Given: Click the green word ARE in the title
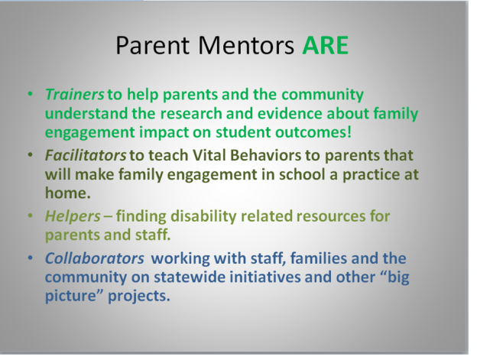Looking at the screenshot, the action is click(x=325, y=46).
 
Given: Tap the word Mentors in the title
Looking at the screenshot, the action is click(x=246, y=46).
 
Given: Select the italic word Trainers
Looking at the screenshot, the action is click(x=75, y=94).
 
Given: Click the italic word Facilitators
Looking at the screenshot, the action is click(x=86, y=155).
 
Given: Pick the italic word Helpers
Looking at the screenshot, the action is click(x=73, y=216).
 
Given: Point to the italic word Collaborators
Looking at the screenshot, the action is click(x=94, y=258).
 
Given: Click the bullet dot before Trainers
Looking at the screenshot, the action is click(x=30, y=94).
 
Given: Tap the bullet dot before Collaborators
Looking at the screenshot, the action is click(x=30, y=258).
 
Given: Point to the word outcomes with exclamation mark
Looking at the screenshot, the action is click(x=313, y=132).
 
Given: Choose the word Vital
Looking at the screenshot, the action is click(x=209, y=155).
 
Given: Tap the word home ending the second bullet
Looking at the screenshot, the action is click(x=67, y=193).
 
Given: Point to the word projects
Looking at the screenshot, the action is click(x=138, y=297).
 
